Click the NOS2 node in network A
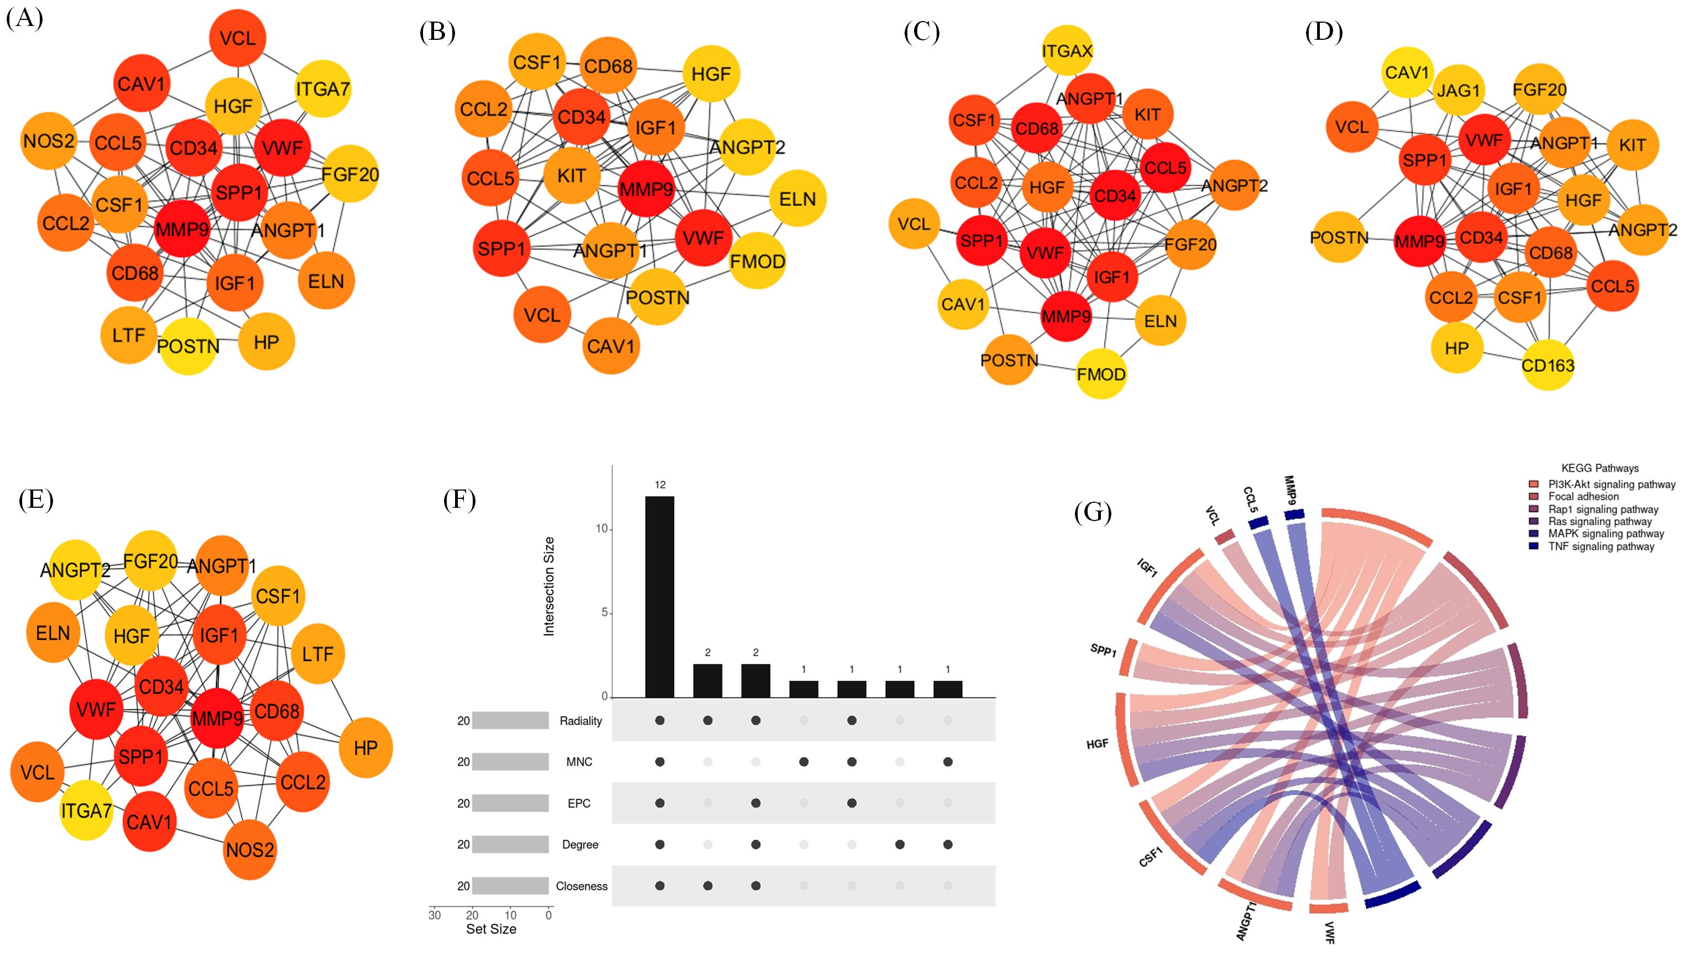pyautogui.click(x=49, y=141)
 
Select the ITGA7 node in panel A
pyautogui.click(x=323, y=88)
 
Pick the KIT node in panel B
pyautogui.click(x=572, y=175)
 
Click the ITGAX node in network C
pyautogui.click(x=1067, y=50)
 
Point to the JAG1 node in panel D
pyautogui.click(x=1458, y=90)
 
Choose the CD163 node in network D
pyautogui.click(x=1548, y=365)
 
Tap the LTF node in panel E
pyautogui.click(x=317, y=654)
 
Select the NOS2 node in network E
pyautogui.click(x=249, y=850)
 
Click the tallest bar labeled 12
pyautogui.click(x=660, y=596)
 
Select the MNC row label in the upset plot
pyautogui.click(x=579, y=762)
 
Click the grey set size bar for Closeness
pyautogui.click(x=510, y=886)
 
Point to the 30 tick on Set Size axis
pyautogui.click(x=434, y=915)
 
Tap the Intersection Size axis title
pyautogui.click(x=549, y=586)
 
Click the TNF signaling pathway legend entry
pyautogui.click(x=1601, y=546)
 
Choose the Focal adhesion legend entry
pyautogui.click(x=1583, y=497)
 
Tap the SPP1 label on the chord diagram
pyautogui.click(x=1104, y=650)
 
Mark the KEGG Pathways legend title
pyautogui.click(x=1599, y=468)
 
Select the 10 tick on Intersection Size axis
pyautogui.click(x=601, y=529)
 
